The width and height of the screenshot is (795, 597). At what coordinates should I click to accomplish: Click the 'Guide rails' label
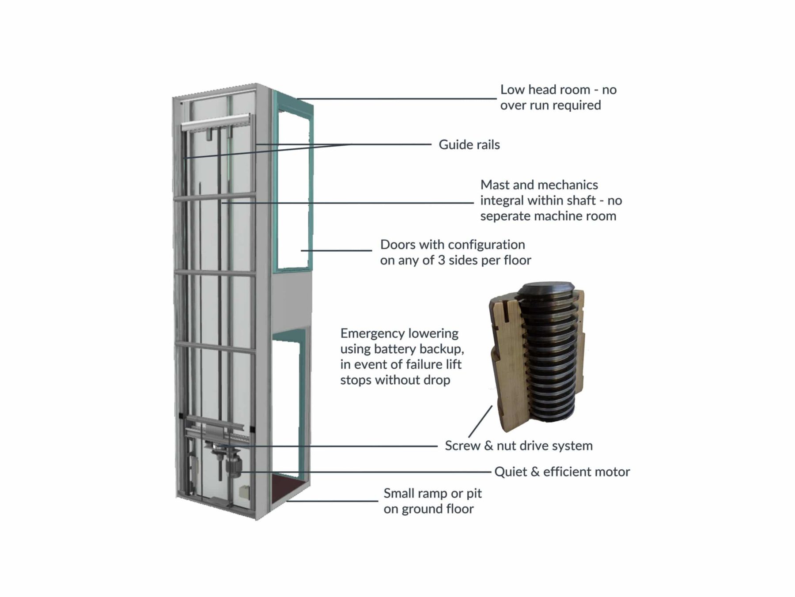[469, 145]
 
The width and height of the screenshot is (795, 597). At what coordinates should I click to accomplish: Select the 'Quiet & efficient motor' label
[562, 472]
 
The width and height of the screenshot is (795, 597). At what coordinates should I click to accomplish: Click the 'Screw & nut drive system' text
[519, 446]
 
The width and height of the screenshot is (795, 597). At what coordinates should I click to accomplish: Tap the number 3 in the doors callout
[441, 261]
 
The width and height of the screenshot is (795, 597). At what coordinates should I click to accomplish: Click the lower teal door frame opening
[287, 406]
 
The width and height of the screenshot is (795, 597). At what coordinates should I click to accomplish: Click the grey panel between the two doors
[291, 300]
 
